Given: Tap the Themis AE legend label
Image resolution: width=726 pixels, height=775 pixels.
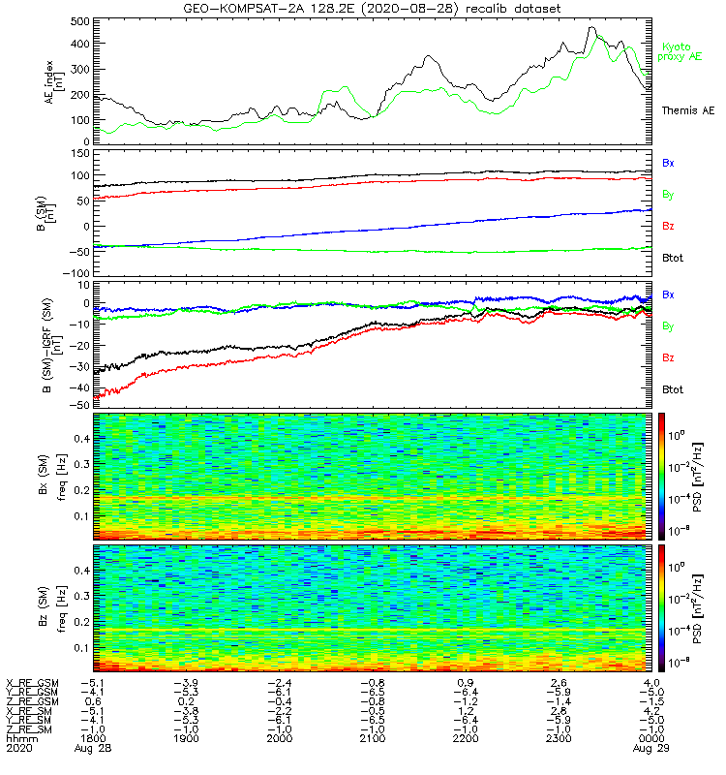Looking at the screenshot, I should coord(686,110).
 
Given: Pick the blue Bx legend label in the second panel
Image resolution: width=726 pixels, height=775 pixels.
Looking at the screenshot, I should coord(668,163).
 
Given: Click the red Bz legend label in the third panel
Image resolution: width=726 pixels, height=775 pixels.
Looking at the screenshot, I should coord(668,358).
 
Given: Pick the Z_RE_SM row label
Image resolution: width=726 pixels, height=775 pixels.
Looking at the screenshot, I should coord(32,728).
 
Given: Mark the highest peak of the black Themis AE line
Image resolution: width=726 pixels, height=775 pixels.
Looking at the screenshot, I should coord(591,28).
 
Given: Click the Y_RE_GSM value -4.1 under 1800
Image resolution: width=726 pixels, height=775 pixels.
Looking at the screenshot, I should coord(92,692).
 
